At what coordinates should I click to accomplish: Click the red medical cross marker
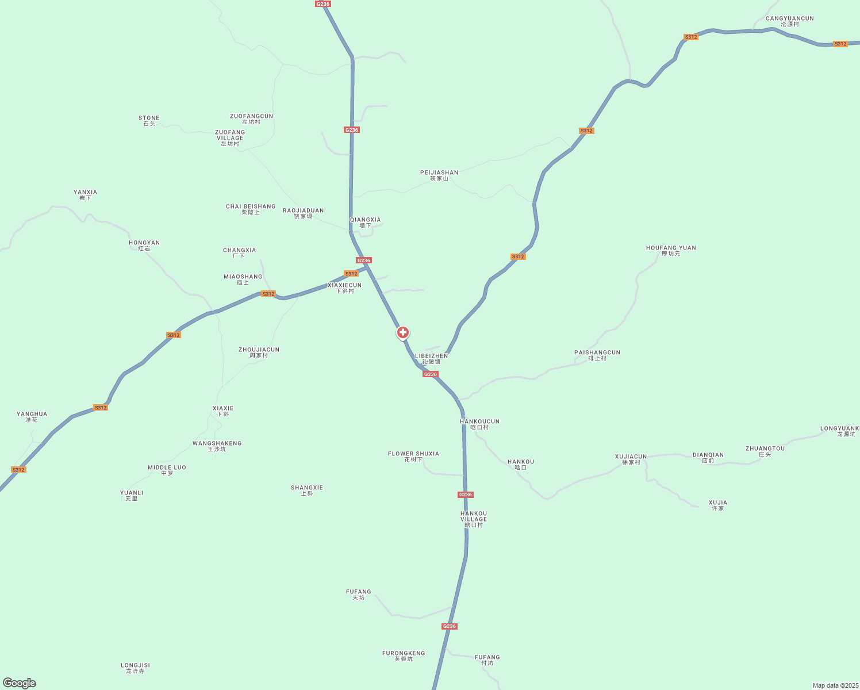coord(403,332)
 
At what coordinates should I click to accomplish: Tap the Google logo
coord(20,683)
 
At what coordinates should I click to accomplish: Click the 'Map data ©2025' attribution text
coord(835,685)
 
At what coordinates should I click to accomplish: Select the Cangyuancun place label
coord(789,21)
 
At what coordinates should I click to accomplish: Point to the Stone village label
coord(149,121)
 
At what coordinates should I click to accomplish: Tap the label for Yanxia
coord(85,195)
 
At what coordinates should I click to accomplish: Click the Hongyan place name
coord(144,246)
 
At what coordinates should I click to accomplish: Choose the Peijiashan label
coord(439,175)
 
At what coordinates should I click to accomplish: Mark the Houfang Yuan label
coord(671,251)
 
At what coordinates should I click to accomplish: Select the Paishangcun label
coord(597,355)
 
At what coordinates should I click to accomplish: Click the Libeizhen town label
coord(431,359)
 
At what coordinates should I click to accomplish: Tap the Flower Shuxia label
coord(413,457)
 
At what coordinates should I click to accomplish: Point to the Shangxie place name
coord(307,490)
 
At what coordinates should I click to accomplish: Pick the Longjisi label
coord(135,668)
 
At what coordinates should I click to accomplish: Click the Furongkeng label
coord(404,656)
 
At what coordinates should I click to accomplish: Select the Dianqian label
coord(708,458)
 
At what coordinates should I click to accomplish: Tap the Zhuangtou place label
coord(765,451)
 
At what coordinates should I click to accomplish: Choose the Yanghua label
coord(32,417)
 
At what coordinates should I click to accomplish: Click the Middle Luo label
coord(167,470)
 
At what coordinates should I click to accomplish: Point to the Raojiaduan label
coord(303,213)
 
